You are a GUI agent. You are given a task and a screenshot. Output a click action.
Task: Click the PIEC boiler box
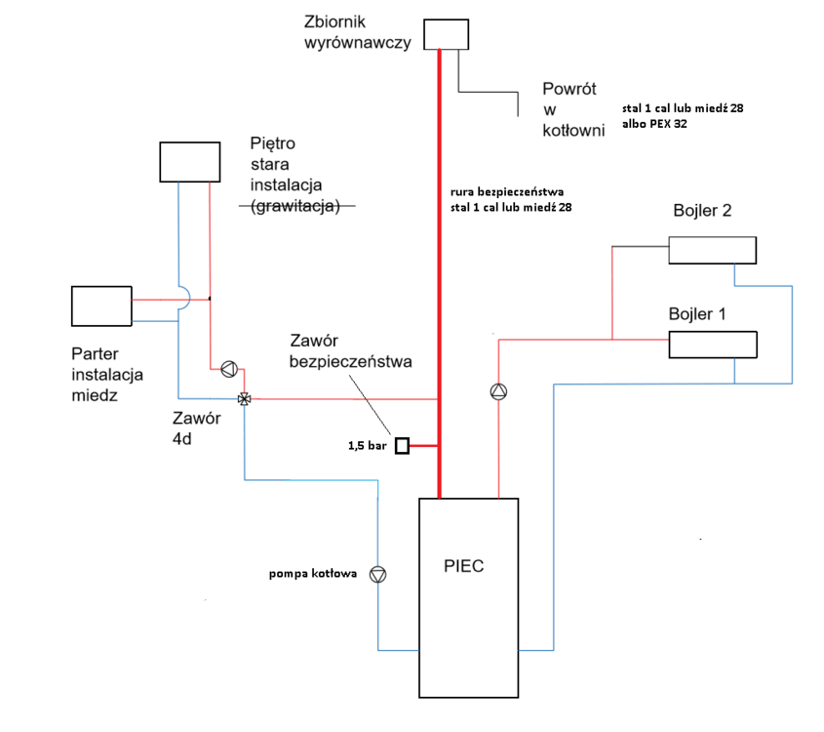[x=467, y=597]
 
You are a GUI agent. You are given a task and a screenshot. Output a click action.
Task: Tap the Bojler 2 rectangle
[x=712, y=250]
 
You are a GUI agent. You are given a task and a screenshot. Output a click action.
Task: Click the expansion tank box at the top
[x=446, y=34]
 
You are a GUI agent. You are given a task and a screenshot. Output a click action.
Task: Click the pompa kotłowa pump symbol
[x=378, y=575]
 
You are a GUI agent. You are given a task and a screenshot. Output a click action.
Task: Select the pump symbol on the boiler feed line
[x=498, y=391]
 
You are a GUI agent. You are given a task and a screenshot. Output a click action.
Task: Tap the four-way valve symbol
[x=244, y=398]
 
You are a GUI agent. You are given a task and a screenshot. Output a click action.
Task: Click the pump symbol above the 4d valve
[x=228, y=369]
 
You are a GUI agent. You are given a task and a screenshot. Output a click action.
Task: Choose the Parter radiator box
[x=101, y=305]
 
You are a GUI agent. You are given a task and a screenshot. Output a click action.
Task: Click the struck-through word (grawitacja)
[x=294, y=206]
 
